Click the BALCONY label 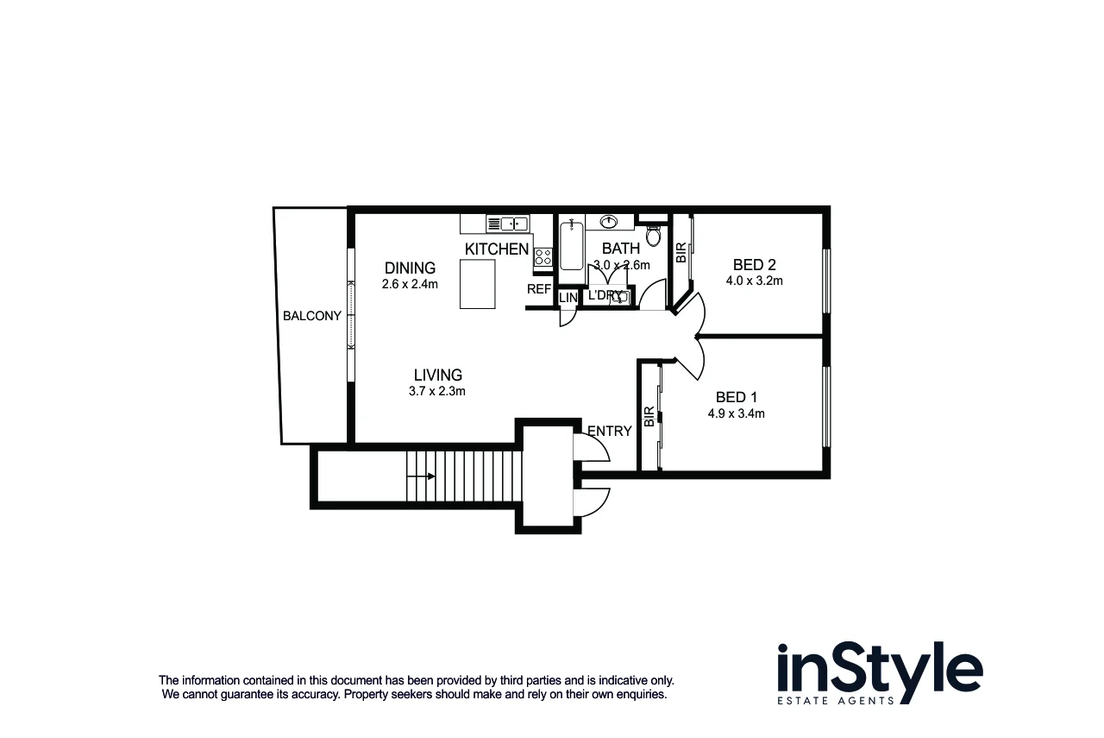312,316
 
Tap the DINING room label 410,268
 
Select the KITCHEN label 497,249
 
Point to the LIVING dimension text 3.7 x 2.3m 437,391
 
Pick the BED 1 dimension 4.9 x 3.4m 736,413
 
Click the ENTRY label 610,431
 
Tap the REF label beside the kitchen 539,289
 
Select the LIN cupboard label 568,298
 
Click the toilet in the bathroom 653,235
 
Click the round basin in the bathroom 609,222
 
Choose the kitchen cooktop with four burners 543,256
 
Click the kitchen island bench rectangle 478,286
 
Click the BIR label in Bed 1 649,418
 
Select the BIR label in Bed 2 681,251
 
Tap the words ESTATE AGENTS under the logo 836,700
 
